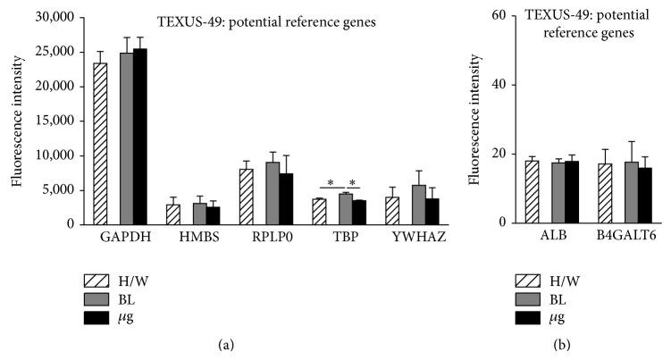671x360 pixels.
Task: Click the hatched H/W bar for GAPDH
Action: (100, 143)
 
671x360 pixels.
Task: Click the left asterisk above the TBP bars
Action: (331, 183)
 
